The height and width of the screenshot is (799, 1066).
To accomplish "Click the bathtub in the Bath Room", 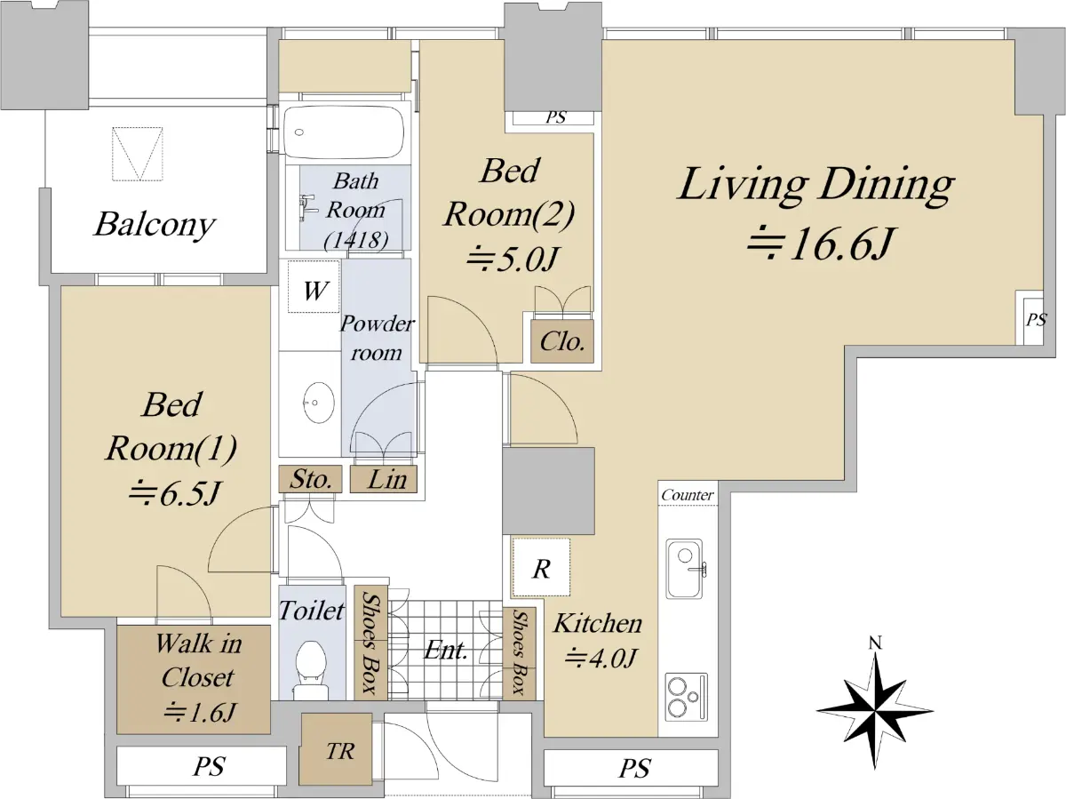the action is tap(344, 132).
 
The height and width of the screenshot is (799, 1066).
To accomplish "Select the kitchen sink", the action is tap(685, 568).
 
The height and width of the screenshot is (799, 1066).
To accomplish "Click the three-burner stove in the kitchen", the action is tap(686, 697).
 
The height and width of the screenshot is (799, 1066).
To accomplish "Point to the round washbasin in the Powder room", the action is tap(319, 403).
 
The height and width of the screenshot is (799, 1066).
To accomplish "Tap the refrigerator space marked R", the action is tap(541, 568).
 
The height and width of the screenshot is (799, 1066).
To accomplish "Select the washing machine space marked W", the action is tap(314, 287).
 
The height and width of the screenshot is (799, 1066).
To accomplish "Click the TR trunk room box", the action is tap(336, 749).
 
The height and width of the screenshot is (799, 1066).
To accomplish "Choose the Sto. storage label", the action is tap(310, 479).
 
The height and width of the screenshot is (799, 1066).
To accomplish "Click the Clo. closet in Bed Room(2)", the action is tap(562, 341).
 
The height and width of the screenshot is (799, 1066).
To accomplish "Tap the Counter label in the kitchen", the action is tap(688, 495).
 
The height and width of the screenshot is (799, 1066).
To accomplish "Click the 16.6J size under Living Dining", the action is tap(820, 244).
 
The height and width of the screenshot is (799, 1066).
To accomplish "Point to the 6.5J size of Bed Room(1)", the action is tap(175, 492).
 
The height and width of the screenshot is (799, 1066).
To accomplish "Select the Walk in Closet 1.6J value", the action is tap(200, 713).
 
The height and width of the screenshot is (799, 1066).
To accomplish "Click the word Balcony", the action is tap(155, 225).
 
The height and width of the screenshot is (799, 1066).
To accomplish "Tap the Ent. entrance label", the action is tap(445, 650).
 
